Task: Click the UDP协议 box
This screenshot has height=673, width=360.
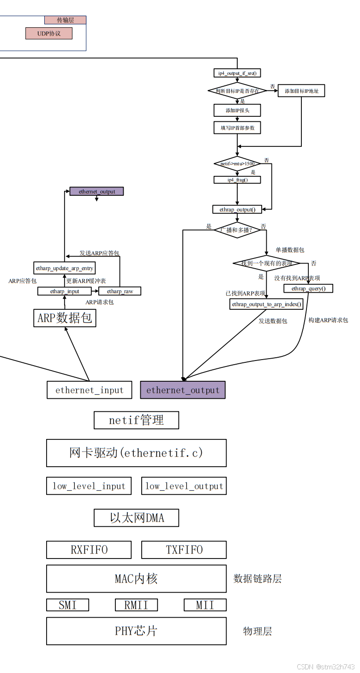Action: [49, 33]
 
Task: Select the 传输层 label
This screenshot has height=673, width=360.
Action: [65, 20]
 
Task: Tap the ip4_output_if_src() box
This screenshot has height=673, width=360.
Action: [237, 73]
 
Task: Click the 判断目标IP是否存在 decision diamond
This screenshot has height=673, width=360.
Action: [237, 91]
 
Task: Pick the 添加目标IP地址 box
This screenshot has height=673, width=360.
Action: [301, 91]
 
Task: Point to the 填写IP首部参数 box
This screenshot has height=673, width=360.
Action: [237, 127]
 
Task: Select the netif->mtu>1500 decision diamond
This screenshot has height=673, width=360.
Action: [237, 163]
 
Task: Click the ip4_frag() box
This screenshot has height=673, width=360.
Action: [237, 180]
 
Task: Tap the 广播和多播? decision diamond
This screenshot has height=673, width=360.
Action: [237, 229]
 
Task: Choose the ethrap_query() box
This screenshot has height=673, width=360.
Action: [308, 288]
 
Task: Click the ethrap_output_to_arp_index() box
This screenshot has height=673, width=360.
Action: [267, 304]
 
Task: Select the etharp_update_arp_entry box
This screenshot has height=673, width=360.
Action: [65, 268]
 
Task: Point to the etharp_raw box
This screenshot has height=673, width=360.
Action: [120, 291]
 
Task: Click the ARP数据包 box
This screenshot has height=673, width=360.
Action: [65, 318]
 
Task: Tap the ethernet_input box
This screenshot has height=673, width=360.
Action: [90, 390]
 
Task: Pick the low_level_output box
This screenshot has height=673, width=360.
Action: [184, 486]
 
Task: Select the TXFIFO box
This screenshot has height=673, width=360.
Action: [184, 550]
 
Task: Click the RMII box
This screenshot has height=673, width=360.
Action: [136, 605]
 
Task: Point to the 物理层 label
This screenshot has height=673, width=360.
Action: [258, 631]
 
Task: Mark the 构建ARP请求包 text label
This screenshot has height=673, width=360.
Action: [328, 320]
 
